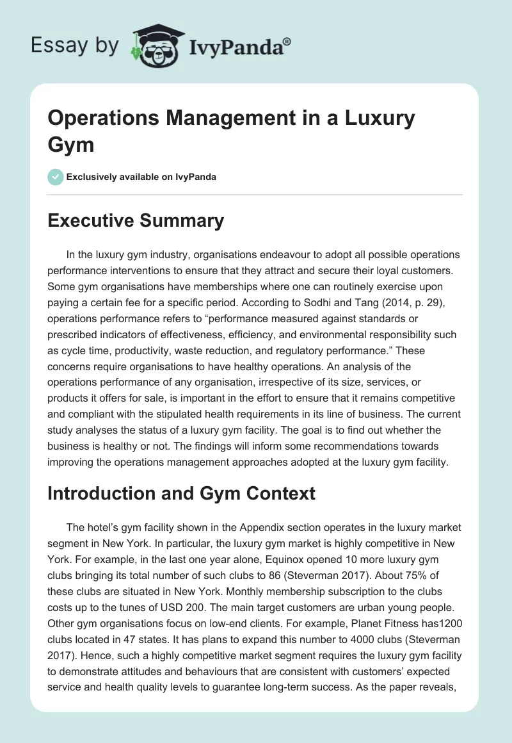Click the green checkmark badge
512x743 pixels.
point(56,177)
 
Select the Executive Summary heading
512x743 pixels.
point(136,221)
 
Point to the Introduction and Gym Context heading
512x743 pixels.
point(182,493)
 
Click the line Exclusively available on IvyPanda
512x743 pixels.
point(142,177)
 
